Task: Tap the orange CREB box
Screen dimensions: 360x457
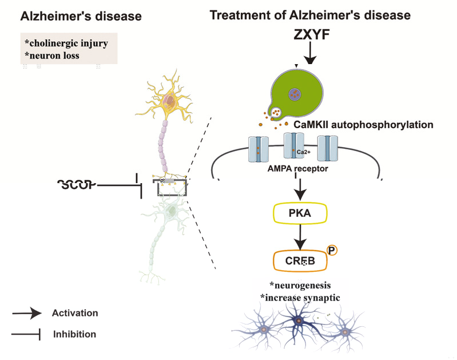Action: point(300,261)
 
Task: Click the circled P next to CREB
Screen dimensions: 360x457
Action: point(332,251)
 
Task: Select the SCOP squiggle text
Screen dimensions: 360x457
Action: point(77,184)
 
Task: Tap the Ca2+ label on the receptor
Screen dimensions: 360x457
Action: point(304,152)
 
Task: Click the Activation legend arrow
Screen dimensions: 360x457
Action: point(27,313)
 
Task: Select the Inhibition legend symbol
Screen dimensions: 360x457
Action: point(27,334)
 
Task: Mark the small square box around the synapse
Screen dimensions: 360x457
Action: point(169,187)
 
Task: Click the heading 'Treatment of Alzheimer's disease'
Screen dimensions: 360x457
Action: point(310,15)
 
